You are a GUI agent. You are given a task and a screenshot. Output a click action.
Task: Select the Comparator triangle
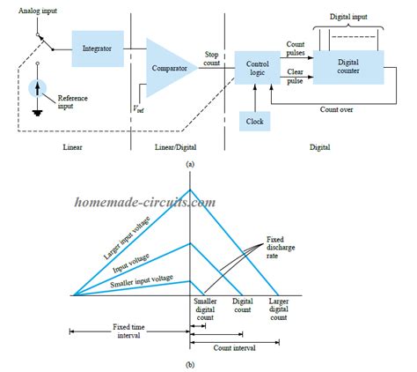point(170,68)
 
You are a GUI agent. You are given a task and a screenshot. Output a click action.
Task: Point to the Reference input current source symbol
point(34,87)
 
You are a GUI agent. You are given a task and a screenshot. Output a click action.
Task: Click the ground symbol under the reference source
point(34,113)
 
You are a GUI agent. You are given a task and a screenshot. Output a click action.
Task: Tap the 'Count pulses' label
point(295,48)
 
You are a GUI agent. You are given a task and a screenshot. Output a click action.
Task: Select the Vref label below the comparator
point(139,109)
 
